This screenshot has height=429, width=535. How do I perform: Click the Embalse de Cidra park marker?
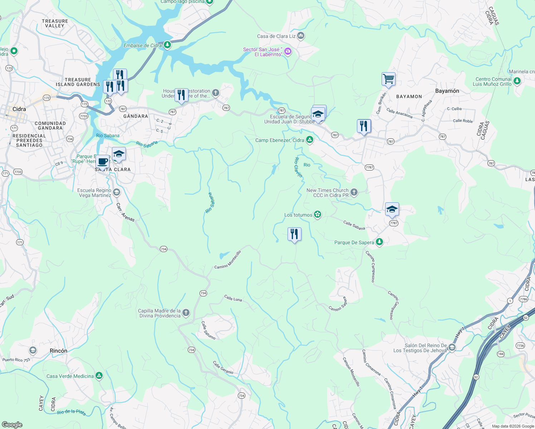pyautogui.click(x=167, y=45)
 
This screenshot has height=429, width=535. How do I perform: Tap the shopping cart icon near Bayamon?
pyautogui.click(x=388, y=79)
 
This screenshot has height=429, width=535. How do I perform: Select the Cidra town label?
pyautogui.click(x=19, y=109)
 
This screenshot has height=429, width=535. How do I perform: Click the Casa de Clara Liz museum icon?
pyautogui.click(x=301, y=36)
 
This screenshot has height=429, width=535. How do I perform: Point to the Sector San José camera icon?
pyautogui.click(x=288, y=52)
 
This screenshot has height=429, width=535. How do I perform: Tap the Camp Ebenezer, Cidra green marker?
pyautogui.click(x=310, y=140)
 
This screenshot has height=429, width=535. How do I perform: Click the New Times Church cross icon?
pyautogui.click(x=354, y=192)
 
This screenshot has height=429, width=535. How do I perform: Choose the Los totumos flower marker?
pyautogui.click(x=318, y=214)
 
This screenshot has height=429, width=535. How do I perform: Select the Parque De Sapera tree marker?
pyautogui.click(x=379, y=242)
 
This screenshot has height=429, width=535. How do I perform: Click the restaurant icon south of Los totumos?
pyautogui.click(x=294, y=234)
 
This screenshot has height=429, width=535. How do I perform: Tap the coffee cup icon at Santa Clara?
pyautogui.click(x=103, y=161)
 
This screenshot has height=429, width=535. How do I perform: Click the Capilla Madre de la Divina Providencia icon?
pyautogui.click(x=186, y=313)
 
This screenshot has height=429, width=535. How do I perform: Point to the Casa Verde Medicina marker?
pyautogui.click(x=99, y=376)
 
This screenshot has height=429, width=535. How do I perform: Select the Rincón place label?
pyautogui.click(x=58, y=351)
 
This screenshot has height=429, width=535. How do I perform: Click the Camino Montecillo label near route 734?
pyautogui.click(x=228, y=260)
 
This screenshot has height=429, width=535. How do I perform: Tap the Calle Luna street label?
pyautogui.click(x=233, y=298)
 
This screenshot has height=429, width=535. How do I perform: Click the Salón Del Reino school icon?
pyautogui.click(x=452, y=347)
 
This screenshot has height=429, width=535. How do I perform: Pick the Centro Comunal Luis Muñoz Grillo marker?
pyautogui.click(x=517, y=81)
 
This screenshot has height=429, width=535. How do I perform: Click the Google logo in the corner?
pyautogui.click(x=12, y=424)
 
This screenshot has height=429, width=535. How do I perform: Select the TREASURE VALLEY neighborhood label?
pyautogui.click(x=55, y=23)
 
